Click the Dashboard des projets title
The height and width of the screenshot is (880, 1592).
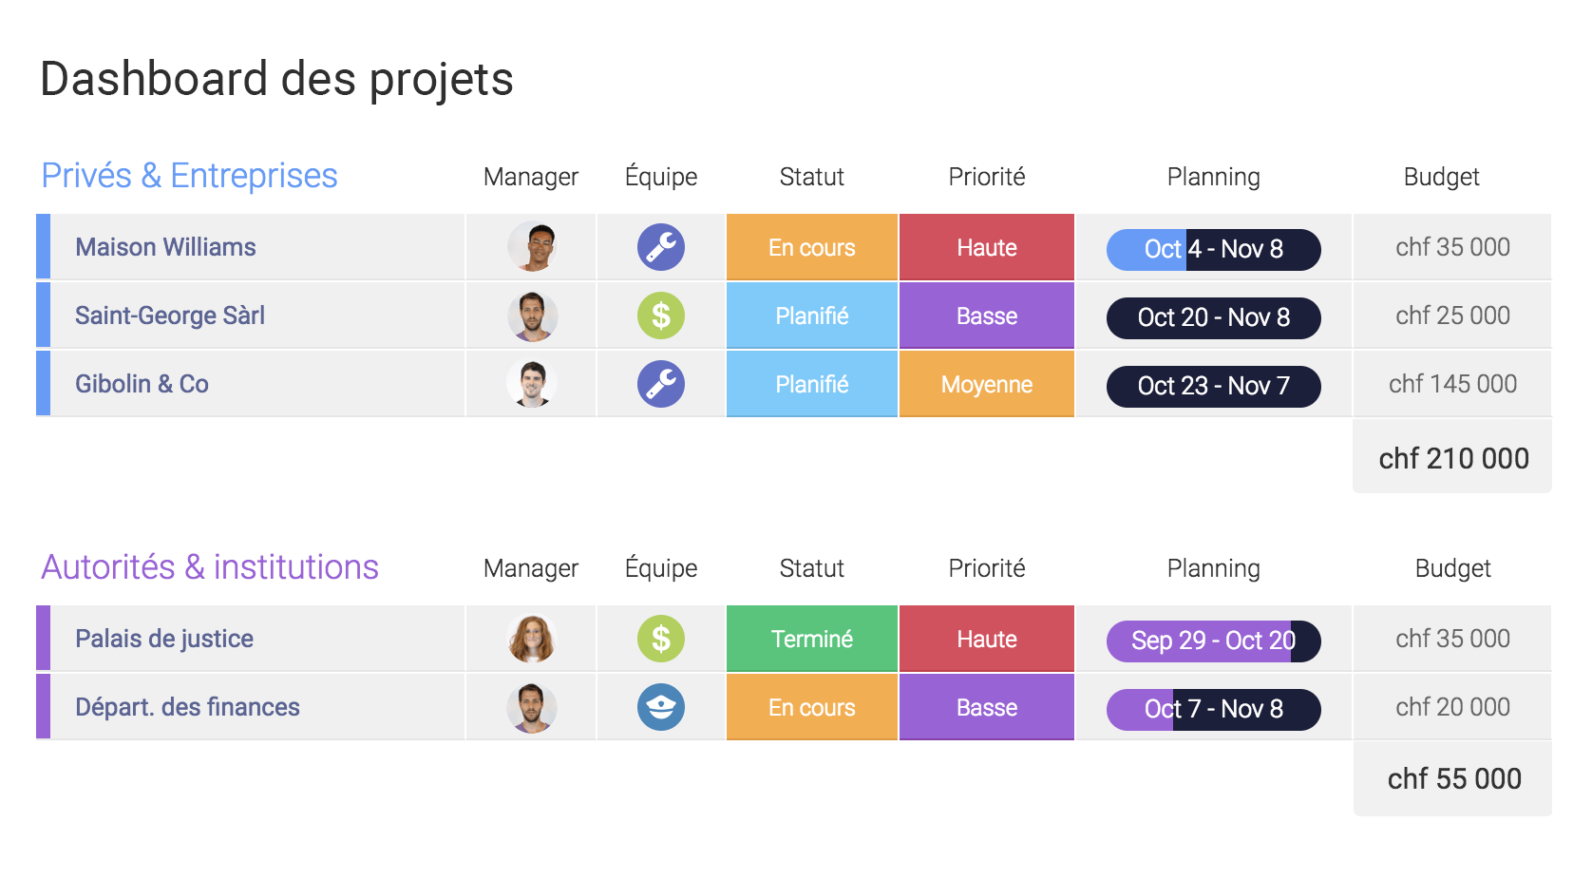click(276, 80)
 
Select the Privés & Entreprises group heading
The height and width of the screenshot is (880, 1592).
click(189, 176)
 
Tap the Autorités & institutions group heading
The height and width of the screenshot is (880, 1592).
click(210, 567)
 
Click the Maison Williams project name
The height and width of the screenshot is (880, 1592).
click(165, 247)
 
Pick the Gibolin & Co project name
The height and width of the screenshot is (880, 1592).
click(142, 384)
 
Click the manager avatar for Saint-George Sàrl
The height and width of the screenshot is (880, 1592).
click(532, 316)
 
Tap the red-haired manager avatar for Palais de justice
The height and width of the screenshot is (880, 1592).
click(532, 639)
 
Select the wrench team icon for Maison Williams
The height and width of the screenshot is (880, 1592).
click(661, 247)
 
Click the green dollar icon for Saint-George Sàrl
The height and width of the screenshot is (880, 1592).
click(661, 316)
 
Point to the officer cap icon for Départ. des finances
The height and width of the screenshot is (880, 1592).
click(661, 707)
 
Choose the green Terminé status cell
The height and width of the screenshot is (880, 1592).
click(812, 639)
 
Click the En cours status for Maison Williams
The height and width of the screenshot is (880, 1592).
click(812, 247)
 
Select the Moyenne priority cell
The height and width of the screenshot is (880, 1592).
click(987, 384)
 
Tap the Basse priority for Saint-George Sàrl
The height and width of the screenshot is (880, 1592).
click(987, 316)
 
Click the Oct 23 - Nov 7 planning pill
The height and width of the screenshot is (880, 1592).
click(1214, 386)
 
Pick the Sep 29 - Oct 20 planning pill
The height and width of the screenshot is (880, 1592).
click(1214, 641)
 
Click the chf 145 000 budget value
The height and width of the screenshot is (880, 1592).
click(1452, 384)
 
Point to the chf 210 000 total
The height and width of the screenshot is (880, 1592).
click(1453, 458)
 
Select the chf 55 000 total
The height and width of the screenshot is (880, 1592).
click(1454, 779)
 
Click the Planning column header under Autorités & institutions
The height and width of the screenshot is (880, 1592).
click(1214, 568)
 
